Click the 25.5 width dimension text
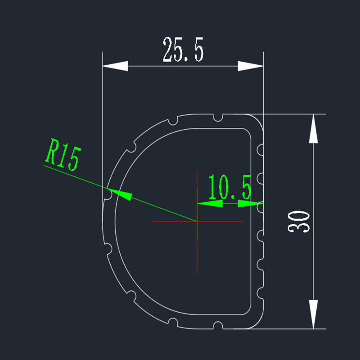coord(183,49)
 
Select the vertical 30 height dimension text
coord(298,222)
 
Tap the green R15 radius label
coord(63,154)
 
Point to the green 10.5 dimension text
coord(230,187)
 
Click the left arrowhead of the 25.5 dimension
coord(115,66)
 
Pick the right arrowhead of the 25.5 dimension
coord(251,66)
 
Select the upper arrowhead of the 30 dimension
coord(313,129)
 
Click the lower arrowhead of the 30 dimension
coord(313,314)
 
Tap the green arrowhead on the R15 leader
coord(119,194)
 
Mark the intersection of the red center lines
coord(197,221)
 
